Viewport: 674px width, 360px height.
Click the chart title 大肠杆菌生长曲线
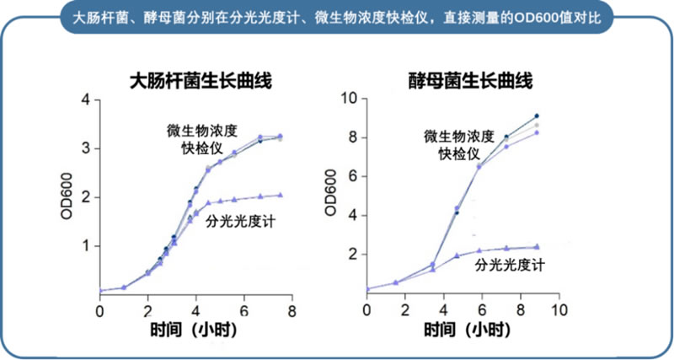[202, 81]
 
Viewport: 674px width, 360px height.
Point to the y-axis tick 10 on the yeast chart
[349, 99]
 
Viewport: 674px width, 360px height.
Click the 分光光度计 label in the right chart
[510, 266]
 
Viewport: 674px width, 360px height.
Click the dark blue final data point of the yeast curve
[536, 116]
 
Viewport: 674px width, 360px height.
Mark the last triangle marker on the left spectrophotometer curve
[280, 194]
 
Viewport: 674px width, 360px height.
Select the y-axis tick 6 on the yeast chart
[353, 176]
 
